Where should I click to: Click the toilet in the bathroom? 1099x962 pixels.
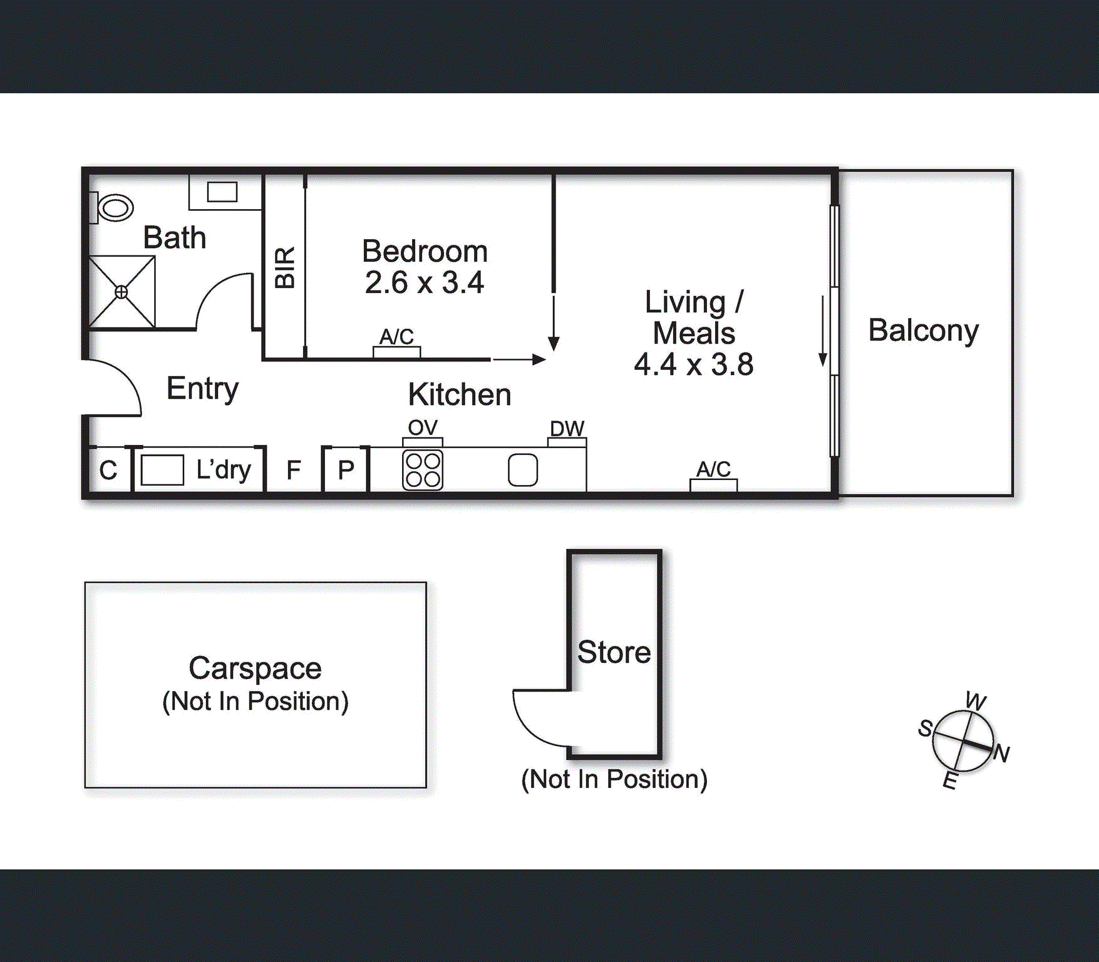(115, 207)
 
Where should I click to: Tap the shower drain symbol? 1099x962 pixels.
(121, 292)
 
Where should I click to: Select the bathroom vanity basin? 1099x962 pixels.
(222, 192)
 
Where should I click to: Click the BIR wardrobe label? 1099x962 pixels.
(285, 267)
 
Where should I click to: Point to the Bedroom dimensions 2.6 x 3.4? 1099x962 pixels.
(425, 283)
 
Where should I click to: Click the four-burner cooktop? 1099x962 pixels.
(423, 470)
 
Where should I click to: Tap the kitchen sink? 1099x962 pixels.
(523, 470)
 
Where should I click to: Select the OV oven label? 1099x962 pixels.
(423, 428)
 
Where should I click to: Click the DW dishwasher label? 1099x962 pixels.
(567, 429)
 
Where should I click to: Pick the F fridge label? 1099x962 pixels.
(294, 470)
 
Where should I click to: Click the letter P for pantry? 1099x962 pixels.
(346, 470)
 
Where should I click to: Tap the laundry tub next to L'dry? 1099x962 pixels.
(162, 470)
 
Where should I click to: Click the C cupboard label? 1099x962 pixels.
(108, 470)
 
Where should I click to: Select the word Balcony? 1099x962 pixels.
(923, 331)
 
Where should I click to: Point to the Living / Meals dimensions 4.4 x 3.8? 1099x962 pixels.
(694, 365)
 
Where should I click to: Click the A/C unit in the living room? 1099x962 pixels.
(714, 484)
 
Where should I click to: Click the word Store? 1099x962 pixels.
(614, 653)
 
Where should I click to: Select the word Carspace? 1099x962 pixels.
(255, 668)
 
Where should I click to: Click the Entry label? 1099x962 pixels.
(202, 389)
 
